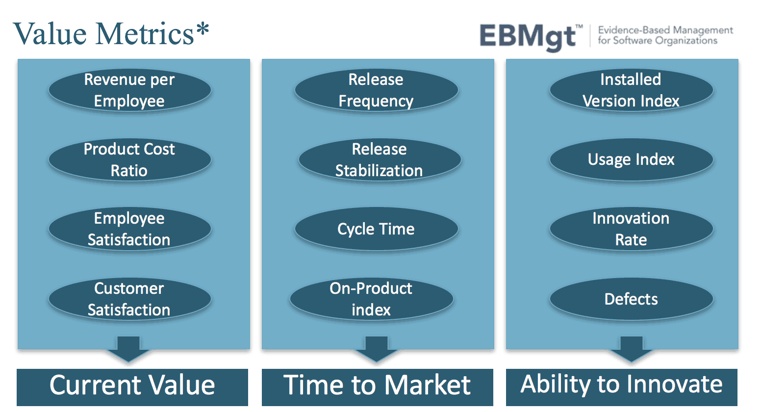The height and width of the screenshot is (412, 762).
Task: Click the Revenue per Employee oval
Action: (x=129, y=90)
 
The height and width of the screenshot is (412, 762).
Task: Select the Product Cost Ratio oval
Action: (x=129, y=160)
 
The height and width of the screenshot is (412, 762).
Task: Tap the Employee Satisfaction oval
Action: (x=129, y=229)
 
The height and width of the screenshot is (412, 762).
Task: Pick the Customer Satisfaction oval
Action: (x=129, y=299)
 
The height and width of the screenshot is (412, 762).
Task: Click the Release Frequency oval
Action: (x=376, y=90)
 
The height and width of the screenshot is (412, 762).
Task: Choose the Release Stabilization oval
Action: (x=380, y=160)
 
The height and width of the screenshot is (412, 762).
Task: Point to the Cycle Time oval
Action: (x=376, y=229)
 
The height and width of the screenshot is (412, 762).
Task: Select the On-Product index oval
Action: (x=371, y=299)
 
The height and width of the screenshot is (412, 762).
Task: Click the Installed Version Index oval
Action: (x=631, y=90)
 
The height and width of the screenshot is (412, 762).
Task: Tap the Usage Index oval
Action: (x=631, y=160)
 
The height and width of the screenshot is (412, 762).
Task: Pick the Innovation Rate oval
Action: (x=631, y=229)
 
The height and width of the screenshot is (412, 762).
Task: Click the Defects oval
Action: (x=631, y=299)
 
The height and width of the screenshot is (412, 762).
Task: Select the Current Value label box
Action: (x=132, y=386)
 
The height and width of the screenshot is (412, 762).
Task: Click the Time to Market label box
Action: (x=377, y=386)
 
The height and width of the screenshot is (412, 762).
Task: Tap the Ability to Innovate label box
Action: (x=621, y=386)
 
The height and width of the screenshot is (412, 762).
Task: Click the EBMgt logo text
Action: (x=529, y=37)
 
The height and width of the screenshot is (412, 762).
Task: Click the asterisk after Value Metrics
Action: (x=203, y=30)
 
